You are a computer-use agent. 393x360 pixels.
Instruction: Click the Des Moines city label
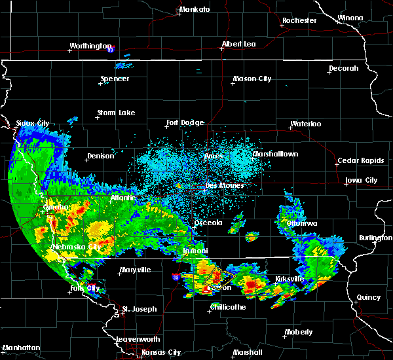click(225, 185)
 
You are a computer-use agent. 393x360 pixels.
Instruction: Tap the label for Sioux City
click(33, 123)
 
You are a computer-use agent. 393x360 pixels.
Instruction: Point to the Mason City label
click(252, 79)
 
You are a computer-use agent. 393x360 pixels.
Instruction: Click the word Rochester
click(299, 21)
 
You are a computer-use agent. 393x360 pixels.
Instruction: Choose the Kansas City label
click(161, 352)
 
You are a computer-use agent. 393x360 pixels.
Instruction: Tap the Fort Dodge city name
click(185, 122)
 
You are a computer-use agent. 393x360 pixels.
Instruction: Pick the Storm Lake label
click(116, 113)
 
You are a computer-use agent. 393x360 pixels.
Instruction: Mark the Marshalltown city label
click(275, 154)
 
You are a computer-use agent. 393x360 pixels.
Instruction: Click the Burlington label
click(375, 238)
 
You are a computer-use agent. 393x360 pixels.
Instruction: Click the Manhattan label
click(21, 347)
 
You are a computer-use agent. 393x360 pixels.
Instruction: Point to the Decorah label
click(343, 69)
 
